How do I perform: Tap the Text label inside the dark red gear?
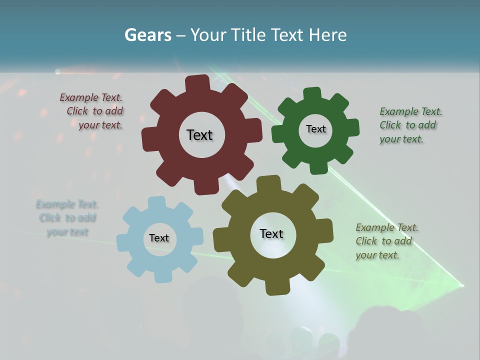(199, 135)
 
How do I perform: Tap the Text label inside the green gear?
(315, 129)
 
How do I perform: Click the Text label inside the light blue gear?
(159, 238)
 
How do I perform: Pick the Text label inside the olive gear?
(271, 234)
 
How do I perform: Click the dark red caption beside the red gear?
(92, 111)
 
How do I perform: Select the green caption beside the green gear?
(410, 125)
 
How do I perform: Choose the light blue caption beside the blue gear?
(67, 218)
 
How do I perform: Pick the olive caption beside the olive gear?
(386, 241)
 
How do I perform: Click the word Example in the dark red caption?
(79, 97)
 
